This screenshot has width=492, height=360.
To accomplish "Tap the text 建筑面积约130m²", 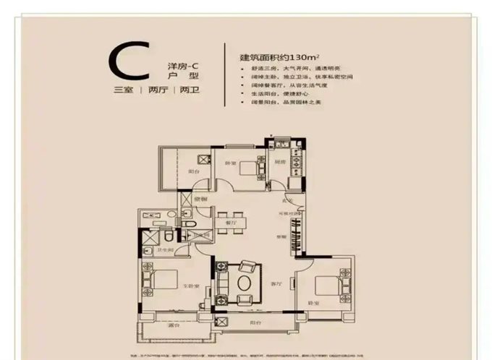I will pyautogui.click(x=279, y=55).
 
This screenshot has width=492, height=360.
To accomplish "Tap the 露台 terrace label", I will pyautogui.click(x=174, y=325).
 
